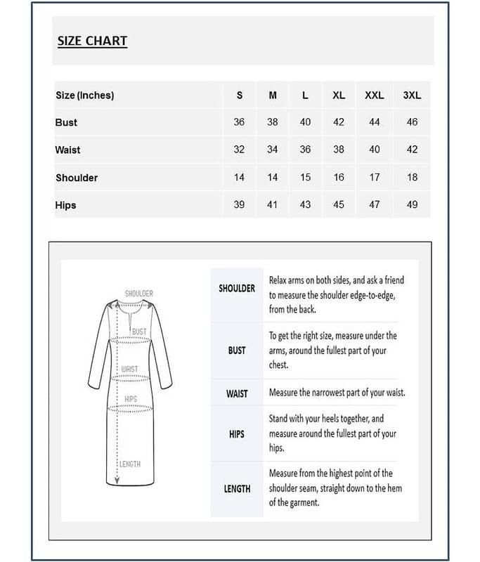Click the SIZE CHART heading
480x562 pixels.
[x=92, y=41]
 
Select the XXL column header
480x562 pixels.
[x=374, y=95]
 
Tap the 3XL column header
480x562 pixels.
[x=412, y=95]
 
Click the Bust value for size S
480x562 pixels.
[x=239, y=122]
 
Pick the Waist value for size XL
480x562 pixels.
[x=339, y=150]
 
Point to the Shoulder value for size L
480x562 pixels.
[x=305, y=178]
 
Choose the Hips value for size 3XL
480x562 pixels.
[x=412, y=205]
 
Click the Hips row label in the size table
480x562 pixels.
[x=65, y=205]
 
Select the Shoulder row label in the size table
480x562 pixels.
[x=77, y=178]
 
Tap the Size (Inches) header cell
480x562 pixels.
[x=84, y=95]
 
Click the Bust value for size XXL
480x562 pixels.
[x=374, y=122]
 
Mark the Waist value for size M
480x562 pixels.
[x=272, y=150]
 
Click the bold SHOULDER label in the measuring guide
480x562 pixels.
[x=237, y=288]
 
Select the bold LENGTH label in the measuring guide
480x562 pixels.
[x=237, y=488]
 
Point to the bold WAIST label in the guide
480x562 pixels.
[x=237, y=393]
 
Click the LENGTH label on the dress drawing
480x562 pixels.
[x=130, y=464]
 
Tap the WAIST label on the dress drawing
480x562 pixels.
[x=129, y=369]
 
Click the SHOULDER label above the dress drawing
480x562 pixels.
[x=138, y=293]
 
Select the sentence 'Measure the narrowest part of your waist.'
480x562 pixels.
[x=337, y=393]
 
